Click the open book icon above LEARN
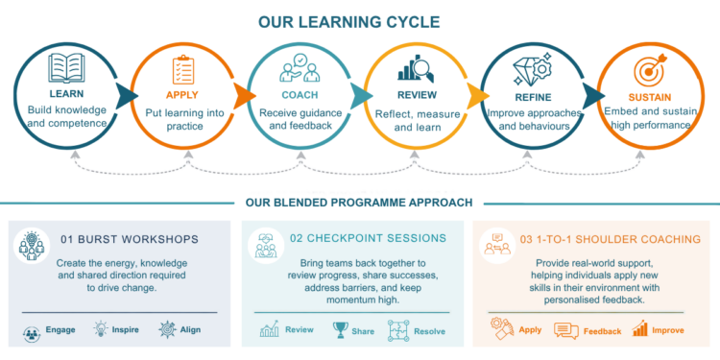66,68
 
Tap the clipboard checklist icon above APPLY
181,70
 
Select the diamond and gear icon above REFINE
532,70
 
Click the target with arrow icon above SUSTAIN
650,70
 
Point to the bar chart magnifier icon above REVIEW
416,68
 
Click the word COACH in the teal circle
300,95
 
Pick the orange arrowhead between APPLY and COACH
244,96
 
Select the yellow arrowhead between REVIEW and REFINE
478,96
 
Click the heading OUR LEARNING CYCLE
348,22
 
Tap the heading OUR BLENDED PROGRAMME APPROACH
359,203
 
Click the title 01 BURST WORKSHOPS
130,239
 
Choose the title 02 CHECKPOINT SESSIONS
368,238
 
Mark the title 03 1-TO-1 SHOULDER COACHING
611,239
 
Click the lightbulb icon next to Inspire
100,329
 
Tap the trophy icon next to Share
340,330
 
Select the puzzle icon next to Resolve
398,330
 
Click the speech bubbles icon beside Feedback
565,330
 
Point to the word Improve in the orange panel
668,330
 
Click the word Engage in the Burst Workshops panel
60,329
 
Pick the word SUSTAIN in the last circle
650,97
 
